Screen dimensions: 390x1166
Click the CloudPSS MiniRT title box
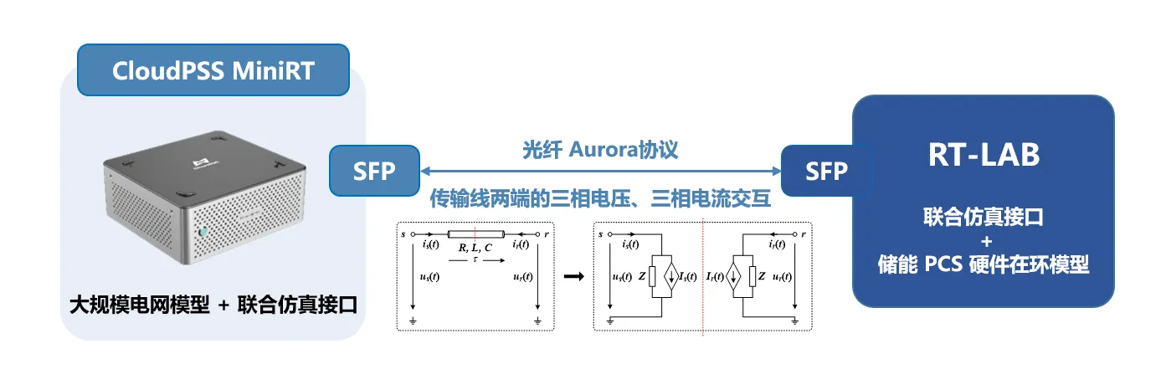(x=213, y=69)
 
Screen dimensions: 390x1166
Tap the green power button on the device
(x=201, y=232)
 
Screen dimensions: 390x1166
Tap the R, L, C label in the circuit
(x=475, y=248)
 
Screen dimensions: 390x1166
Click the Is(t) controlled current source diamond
(x=672, y=276)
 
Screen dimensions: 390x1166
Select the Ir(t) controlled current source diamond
(x=733, y=276)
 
